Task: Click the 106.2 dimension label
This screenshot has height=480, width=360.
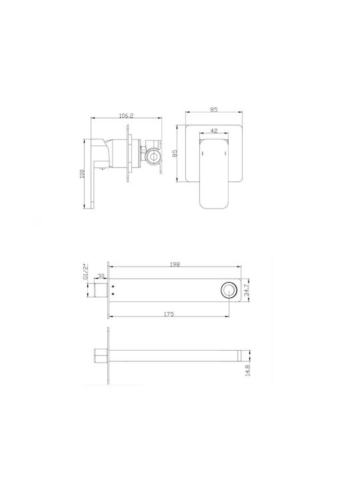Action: point(126,115)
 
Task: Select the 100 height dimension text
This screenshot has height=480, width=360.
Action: point(82,175)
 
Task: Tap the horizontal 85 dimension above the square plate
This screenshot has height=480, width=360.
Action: point(214,109)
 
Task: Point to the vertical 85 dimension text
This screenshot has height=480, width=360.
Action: point(175,153)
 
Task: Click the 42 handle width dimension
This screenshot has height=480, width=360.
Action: point(214,131)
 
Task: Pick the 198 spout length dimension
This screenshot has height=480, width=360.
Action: point(175,264)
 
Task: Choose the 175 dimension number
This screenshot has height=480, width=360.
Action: point(169,314)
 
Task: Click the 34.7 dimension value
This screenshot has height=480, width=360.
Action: point(246,290)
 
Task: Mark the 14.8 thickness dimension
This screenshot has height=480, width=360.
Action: point(247,370)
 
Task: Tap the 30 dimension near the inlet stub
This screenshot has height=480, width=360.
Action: point(101,276)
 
